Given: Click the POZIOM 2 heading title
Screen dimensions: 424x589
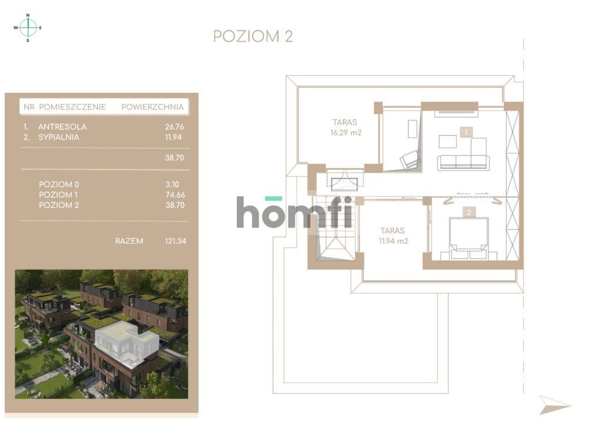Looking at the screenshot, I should (x=253, y=36).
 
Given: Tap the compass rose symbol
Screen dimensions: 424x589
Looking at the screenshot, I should (x=28, y=27).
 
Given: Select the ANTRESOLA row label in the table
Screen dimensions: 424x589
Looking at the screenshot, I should (x=62, y=126).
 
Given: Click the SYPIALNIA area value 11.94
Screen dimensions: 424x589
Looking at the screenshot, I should (x=175, y=137).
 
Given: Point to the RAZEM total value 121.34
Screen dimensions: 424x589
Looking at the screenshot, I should (x=175, y=241).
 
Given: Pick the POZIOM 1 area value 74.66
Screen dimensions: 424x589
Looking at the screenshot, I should (x=175, y=194).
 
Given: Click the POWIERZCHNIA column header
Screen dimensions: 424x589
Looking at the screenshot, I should (x=152, y=107).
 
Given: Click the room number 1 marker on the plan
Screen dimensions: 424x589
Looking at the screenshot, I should (x=466, y=133).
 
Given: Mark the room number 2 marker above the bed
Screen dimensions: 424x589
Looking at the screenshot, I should (x=469, y=213).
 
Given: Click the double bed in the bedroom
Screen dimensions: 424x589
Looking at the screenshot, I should (x=468, y=239).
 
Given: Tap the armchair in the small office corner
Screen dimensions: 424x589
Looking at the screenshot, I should (x=410, y=159).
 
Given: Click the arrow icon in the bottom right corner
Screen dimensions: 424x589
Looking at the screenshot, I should (x=554, y=405).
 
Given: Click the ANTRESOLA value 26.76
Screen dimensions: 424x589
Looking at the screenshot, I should (x=175, y=126).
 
